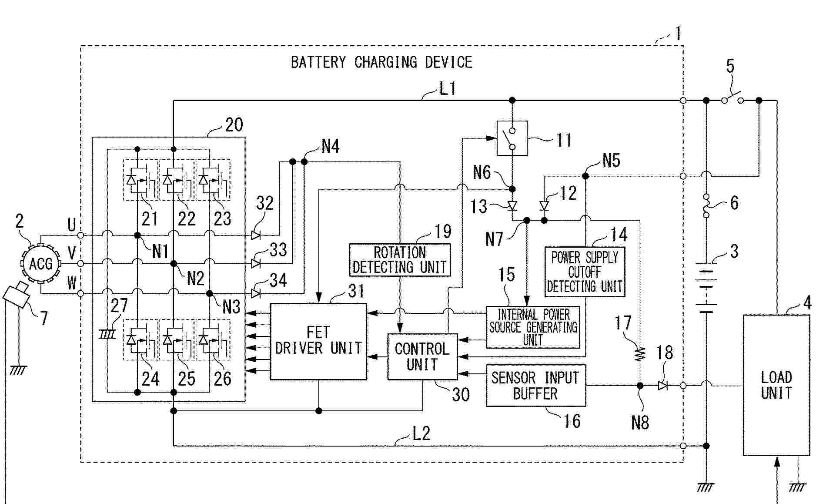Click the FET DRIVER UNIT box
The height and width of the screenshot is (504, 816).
point(318,341)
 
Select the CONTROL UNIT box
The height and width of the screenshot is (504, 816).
point(422,356)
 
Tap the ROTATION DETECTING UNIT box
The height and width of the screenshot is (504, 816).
point(400,260)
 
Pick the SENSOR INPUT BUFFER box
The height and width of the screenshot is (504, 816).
point(535,386)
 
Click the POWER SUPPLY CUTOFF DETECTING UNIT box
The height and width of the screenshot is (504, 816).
point(585,272)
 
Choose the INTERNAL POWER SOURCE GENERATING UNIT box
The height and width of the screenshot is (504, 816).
point(533,327)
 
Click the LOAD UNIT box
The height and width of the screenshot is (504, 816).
point(776,385)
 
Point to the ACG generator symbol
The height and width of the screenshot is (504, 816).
point(41,264)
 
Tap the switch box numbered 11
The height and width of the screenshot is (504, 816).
point(512,138)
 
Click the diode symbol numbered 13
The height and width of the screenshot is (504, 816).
point(512,205)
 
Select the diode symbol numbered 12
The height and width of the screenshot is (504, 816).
point(544,205)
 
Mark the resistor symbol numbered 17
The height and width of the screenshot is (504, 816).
point(640,353)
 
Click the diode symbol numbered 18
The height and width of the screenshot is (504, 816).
point(662,386)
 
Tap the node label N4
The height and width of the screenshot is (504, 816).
point(331,147)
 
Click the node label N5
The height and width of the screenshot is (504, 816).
point(611,161)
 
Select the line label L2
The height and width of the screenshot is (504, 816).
point(421,433)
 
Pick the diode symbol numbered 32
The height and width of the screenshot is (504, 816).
point(256,235)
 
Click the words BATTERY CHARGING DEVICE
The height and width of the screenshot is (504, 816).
point(381,62)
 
